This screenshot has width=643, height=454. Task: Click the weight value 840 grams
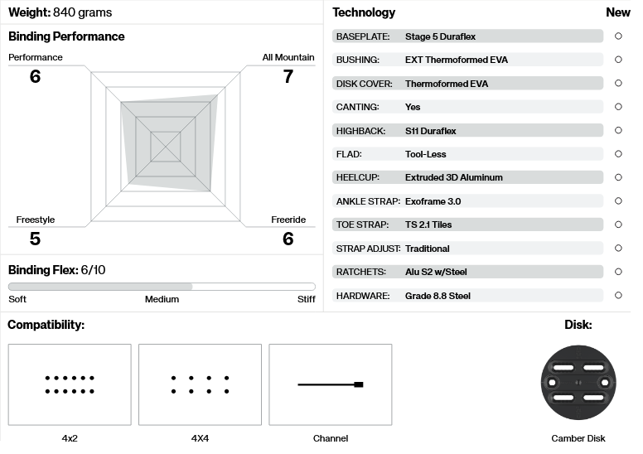pyautogui.click(x=82, y=12)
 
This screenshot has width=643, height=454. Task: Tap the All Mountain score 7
pyautogui.click(x=288, y=76)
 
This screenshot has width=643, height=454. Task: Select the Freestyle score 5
pyautogui.click(x=35, y=239)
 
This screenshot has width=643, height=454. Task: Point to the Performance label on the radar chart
pyautogui.click(x=36, y=57)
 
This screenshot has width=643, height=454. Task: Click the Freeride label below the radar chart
pyautogui.click(x=288, y=220)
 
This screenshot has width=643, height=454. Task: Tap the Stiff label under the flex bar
pyautogui.click(x=307, y=299)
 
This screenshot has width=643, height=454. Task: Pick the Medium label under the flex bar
pyautogui.click(x=162, y=299)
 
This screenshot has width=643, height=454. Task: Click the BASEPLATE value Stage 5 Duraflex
pyautogui.click(x=440, y=36)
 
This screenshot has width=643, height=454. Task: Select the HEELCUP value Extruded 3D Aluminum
pyautogui.click(x=453, y=177)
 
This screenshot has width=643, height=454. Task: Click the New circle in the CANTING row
pyautogui.click(x=618, y=107)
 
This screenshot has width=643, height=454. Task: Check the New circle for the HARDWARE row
pyautogui.click(x=618, y=296)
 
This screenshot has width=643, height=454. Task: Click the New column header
pyautogui.click(x=618, y=12)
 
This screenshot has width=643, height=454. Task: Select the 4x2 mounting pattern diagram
pyautogui.click(x=70, y=384)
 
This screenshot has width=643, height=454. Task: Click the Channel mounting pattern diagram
pyautogui.click(x=331, y=384)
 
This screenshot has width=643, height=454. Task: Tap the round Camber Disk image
pyautogui.click(x=578, y=382)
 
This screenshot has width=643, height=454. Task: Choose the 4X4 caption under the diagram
pyautogui.click(x=200, y=438)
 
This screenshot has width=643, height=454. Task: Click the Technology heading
pyautogui.click(x=364, y=12)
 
